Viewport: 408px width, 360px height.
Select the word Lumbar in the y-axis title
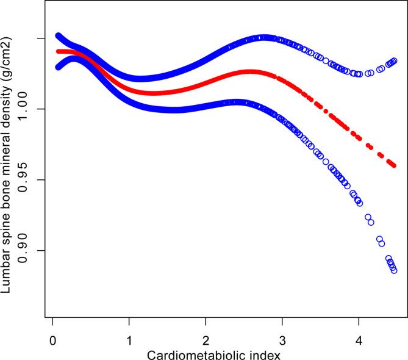click(x=8, y=276)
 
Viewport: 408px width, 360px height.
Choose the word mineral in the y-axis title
click(x=8, y=152)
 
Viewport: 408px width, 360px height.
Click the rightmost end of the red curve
click(x=394, y=165)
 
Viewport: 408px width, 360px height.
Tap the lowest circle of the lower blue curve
click(x=394, y=270)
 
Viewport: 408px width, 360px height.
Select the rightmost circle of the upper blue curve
click(x=394, y=60)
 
